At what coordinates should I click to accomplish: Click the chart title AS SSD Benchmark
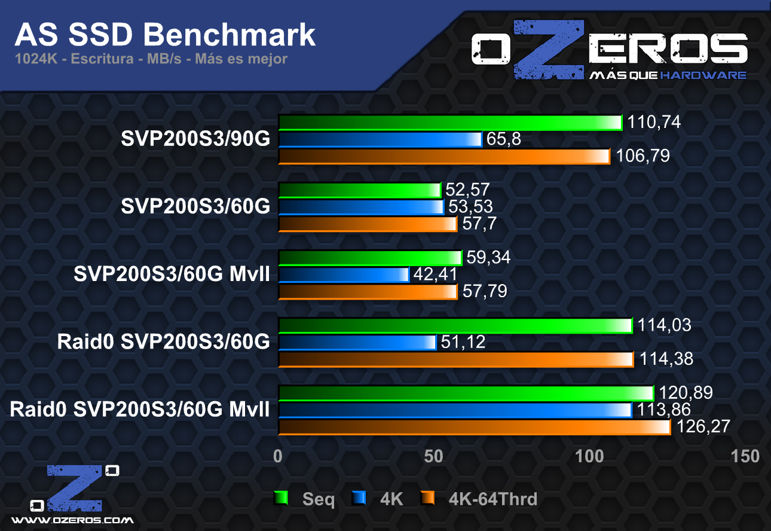[165, 35]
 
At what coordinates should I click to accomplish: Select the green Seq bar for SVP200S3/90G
[450, 123]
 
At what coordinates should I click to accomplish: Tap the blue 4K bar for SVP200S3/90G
[380, 139]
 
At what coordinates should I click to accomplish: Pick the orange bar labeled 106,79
[444, 156]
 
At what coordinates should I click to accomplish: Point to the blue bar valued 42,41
[344, 274]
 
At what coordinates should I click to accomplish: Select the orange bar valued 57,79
[368, 291]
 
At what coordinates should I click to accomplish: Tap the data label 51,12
[463, 342]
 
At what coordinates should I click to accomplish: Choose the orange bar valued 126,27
[475, 427]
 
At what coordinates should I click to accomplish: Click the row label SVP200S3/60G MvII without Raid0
[172, 274]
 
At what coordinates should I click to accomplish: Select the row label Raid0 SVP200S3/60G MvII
[139, 410]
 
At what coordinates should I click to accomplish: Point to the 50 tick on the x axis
[434, 456]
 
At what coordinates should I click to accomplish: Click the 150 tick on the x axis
[745, 456]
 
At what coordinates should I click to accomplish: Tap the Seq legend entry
[319, 499]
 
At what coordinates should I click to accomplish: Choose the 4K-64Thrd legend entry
[492, 499]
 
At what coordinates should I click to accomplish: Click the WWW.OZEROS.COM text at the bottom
[72, 520]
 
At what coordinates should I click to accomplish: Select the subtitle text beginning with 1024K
[151, 59]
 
